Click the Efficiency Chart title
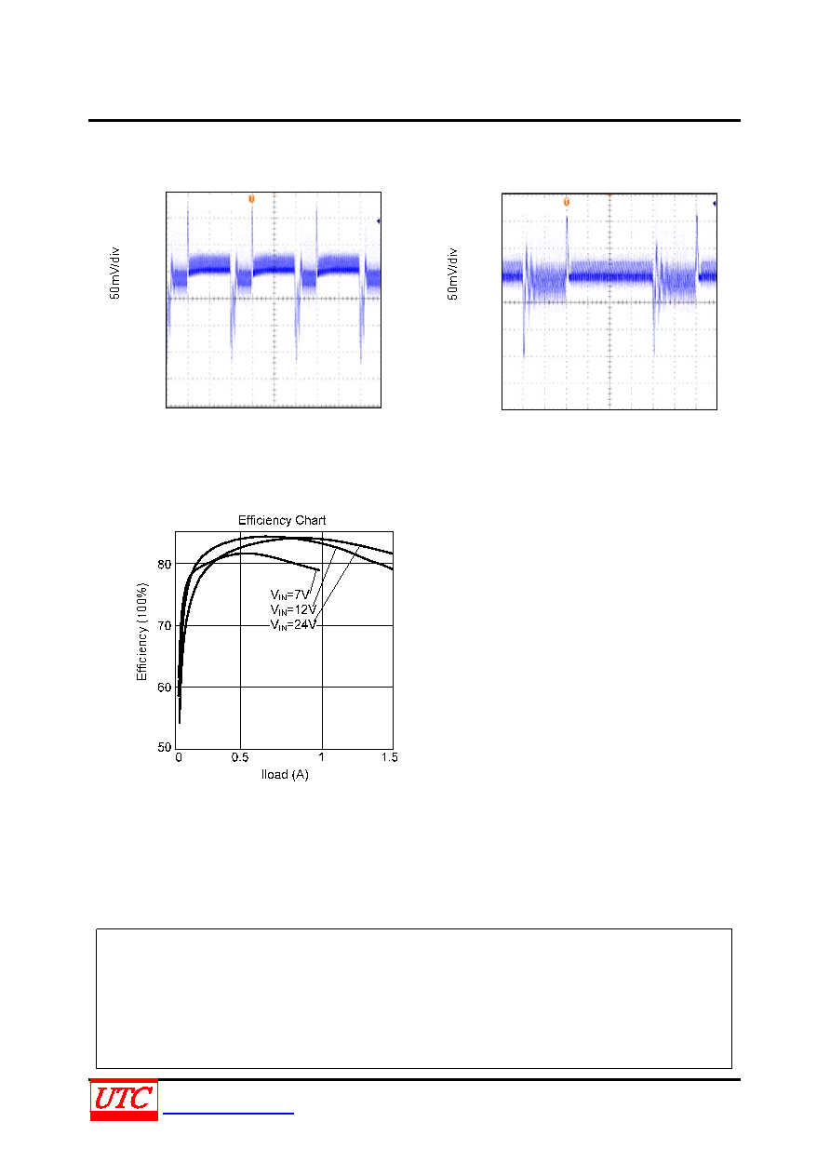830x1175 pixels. [282, 520]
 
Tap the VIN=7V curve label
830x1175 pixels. [289, 594]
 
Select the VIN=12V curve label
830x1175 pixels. [293, 610]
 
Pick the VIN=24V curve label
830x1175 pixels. [293, 625]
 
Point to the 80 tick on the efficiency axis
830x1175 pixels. [164, 565]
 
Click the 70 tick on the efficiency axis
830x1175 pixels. [164, 626]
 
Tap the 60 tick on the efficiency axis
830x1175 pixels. [164, 688]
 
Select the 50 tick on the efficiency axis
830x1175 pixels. [164, 747]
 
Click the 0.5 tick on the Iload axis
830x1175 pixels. [240, 757]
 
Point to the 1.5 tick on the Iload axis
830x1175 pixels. [389, 757]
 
